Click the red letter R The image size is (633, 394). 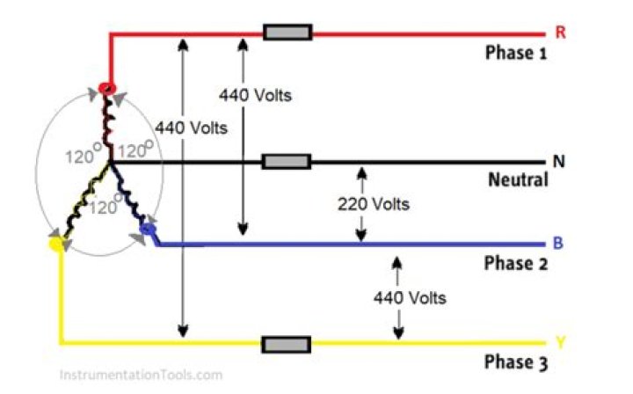tap(560, 33)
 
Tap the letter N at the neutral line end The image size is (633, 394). tap(558, 162)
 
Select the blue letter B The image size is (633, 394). tap(558, 244)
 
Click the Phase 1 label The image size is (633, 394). tap(516, 53)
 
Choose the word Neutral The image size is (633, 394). tap(518, 180)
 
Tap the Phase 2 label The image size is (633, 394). tap(516, 263)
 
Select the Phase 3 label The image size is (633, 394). tap(516, 361)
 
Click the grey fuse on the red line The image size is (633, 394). tap(287, 33)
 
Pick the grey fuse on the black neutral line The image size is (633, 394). tap(287, 162)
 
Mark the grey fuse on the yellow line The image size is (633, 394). tap(287, 343)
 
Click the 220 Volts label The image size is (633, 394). tap(374, 205)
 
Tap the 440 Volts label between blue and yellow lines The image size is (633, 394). tap(410, 297)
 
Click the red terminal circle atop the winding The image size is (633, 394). tap(107, 88)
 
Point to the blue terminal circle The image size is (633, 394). tap(147, 230)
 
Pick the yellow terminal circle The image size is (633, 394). tap(58, 246)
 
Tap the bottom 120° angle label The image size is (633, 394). tap(106, 208)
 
